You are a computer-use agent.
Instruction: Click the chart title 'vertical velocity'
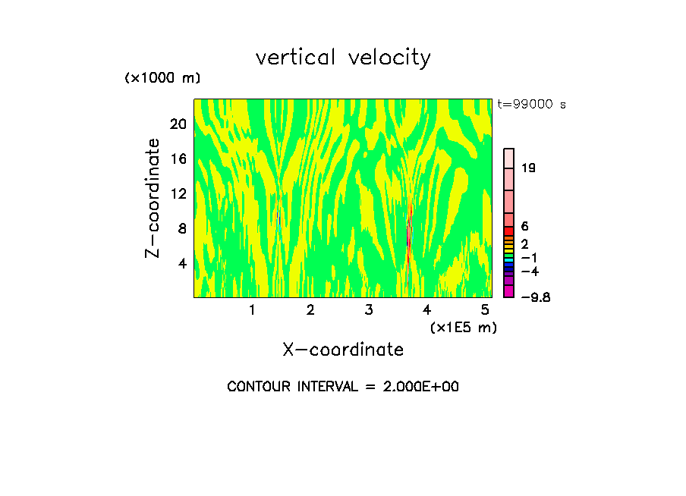(343, 58)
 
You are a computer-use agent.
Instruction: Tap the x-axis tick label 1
(252, 309)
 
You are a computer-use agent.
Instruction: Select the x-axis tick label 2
(310, 309)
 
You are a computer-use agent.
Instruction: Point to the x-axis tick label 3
(369, 309)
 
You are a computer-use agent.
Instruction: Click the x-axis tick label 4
(427, 309)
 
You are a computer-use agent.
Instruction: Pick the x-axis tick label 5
(486, 309)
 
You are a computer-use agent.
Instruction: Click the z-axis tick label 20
(178, 124)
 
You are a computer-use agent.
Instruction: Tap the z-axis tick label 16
(178, 159)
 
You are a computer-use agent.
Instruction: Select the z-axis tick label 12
(178, 193)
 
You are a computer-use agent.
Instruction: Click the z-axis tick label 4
(182, 263)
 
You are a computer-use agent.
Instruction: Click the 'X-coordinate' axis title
(343, 350)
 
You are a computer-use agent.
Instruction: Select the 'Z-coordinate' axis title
(153, 198)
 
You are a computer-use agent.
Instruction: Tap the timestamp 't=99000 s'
(531, 105)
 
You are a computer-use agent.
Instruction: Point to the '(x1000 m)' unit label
(162, 79)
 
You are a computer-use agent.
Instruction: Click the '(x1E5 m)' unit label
(463, 327)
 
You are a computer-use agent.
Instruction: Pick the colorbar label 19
(529, 168)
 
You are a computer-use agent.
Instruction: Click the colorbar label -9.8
(536, 297)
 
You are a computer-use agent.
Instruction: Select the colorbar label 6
(525, 226)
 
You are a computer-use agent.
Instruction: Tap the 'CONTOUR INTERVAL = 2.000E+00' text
(343, 387)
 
